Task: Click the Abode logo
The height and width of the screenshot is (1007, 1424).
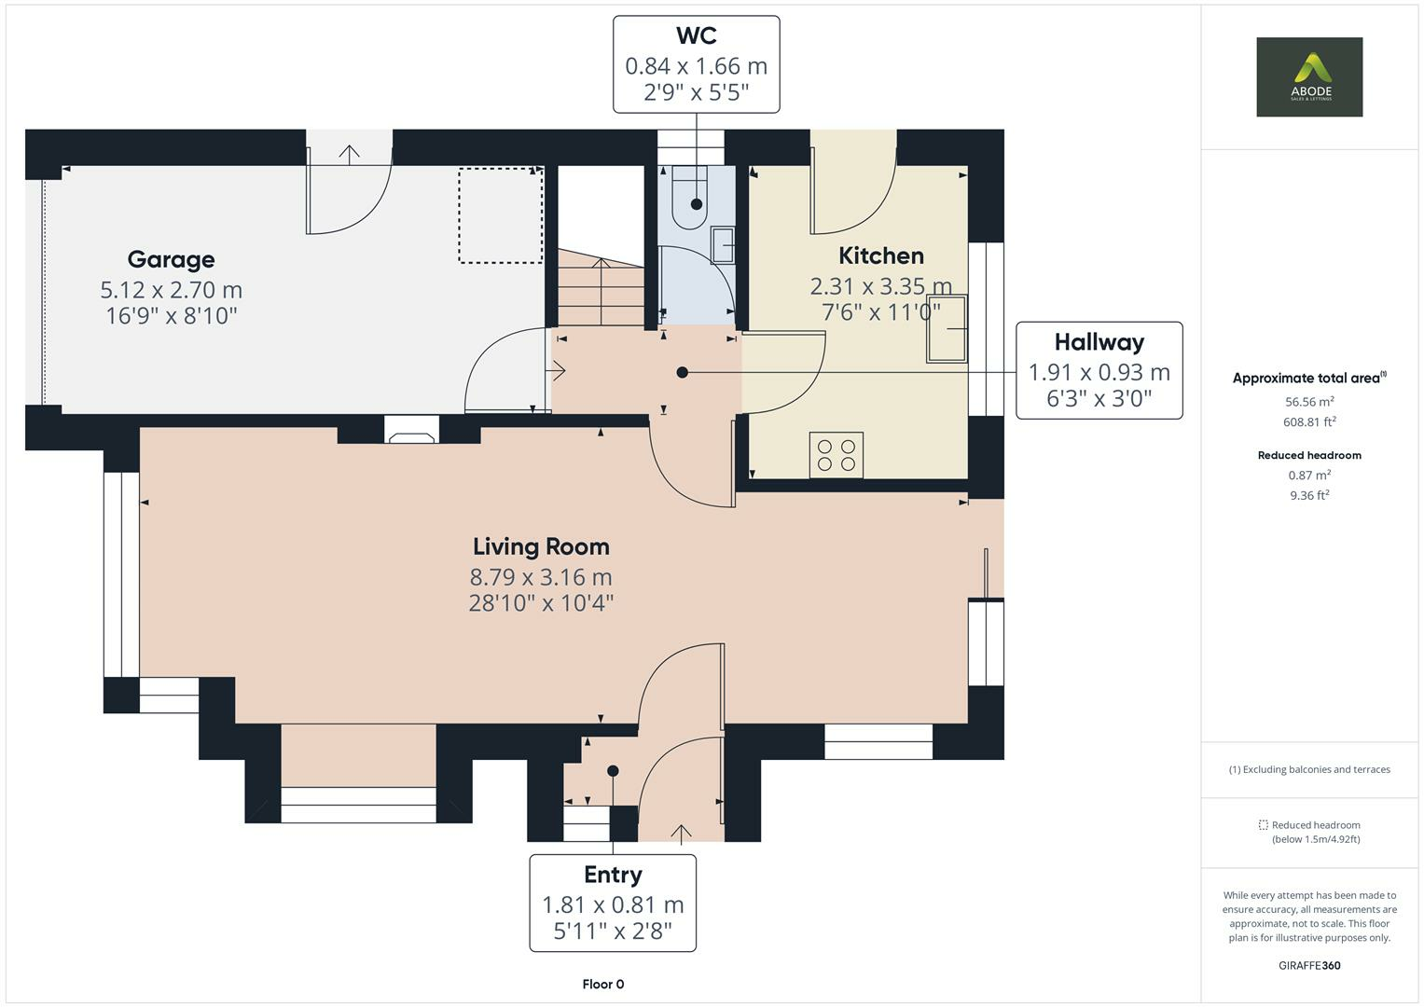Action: coord(1308,76)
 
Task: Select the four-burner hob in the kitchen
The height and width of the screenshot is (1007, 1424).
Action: coord(836,455)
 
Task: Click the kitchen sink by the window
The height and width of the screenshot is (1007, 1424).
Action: coord(946,328)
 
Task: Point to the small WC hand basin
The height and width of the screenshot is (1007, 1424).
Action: coord(723,245)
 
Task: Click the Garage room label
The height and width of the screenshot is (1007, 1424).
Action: coord(171,259)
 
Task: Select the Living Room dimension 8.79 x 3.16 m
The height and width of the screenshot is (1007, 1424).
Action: coord(541,576)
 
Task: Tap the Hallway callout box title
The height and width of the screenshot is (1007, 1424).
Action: coord(1099,342)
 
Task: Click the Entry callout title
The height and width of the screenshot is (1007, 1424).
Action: coord(613,875)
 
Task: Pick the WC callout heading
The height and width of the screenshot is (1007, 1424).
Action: coord(696,36)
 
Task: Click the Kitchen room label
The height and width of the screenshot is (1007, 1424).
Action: coord(881,255)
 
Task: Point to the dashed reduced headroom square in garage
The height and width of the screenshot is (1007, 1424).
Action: coord(500,215)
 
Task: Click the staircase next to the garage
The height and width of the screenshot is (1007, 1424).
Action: coord(601,289)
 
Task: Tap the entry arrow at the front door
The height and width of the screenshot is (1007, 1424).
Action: coord(681,833)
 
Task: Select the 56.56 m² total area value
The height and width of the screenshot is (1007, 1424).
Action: coord(1309,402)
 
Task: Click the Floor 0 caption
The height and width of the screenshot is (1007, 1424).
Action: coord(602,984)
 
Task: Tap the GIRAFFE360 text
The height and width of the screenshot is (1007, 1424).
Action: coord(1309,965)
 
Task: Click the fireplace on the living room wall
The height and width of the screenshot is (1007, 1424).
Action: coord(411,432)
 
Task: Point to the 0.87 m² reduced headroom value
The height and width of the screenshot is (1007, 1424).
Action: coord(1309,476)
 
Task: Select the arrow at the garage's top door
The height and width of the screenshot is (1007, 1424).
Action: coord(349,153)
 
